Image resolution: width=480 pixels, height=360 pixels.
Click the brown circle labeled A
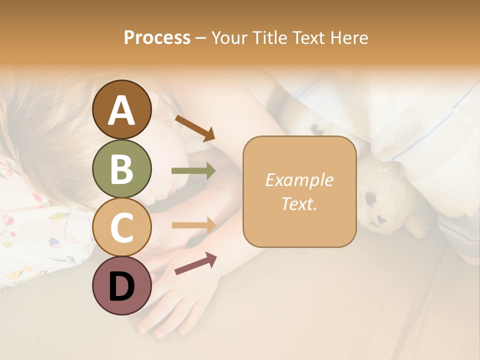(x=121, y=109)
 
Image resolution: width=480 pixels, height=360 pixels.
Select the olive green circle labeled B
(x=121, y=168)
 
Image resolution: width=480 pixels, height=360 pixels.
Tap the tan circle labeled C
(x=121, y=227)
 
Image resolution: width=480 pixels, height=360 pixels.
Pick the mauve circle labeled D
(x=121, y=285)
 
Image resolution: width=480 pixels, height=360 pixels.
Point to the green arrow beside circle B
(x=193, y=171)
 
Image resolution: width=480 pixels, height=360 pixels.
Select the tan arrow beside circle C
(x=193, y=225)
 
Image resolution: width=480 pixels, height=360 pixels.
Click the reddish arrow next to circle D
(x=195, y=263)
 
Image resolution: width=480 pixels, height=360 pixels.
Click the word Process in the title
(x=157, y=37)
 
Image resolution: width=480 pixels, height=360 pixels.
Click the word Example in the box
(x=299, y=180)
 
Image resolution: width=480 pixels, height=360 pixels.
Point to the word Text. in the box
(x=299, y=203)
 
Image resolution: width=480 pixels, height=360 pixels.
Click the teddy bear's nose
(x=381, y=219)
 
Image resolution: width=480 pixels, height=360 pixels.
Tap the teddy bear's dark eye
(x=371, y=198)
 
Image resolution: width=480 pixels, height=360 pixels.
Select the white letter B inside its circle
(x=121, y=168)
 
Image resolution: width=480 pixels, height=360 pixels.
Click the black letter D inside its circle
(x=121, y=286)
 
